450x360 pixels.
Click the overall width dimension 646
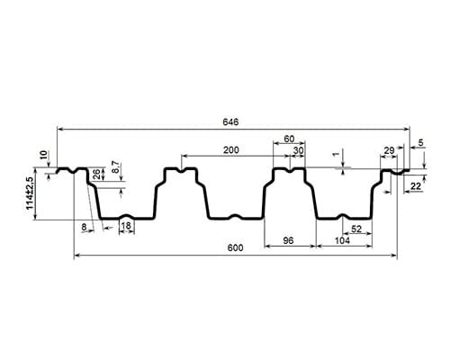pyautogui.click(x=230, y=122)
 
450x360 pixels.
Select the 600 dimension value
pyautogui.click(x=235, y=248)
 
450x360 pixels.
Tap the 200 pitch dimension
pyautogui.click(x=231, y=150)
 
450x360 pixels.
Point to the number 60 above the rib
pyautogui.click(x=289, y=139)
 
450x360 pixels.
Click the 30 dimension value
pyautogui.click(x=299, y=150)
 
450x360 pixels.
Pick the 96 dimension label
pyautogui.click(x=288, y=240)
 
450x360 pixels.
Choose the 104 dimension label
pyautogui.click(x=342, y=240)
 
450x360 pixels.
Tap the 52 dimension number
pyautogui.click(x=356, y=229)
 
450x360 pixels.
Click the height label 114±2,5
pyautogui.click(x=30, y=193)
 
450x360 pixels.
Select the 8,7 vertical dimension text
pyautogui.click(x=115, y=167)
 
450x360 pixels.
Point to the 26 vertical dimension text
pyautogui.click(x=96, y=175)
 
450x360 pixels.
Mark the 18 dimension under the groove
pyautogui.click(x=127, y=226)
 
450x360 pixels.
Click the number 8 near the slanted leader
pyautogui.click(x=84, y=227)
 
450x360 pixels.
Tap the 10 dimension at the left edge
pyautogui.click(x=44, y=155)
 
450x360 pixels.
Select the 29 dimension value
pyautogui.click(x=389, y=150)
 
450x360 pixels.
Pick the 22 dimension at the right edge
pyautogui.click(x=416, y=186)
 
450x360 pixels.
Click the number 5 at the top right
pyautogui.click(x=421, y=143)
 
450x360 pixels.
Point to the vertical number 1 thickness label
pyautogui.click(x=337, y=154)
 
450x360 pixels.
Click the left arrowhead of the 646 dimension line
pyautogui.click(x=59, y=129)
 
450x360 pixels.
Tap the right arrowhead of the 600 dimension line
pyautogui.click(x=394, y=256)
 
